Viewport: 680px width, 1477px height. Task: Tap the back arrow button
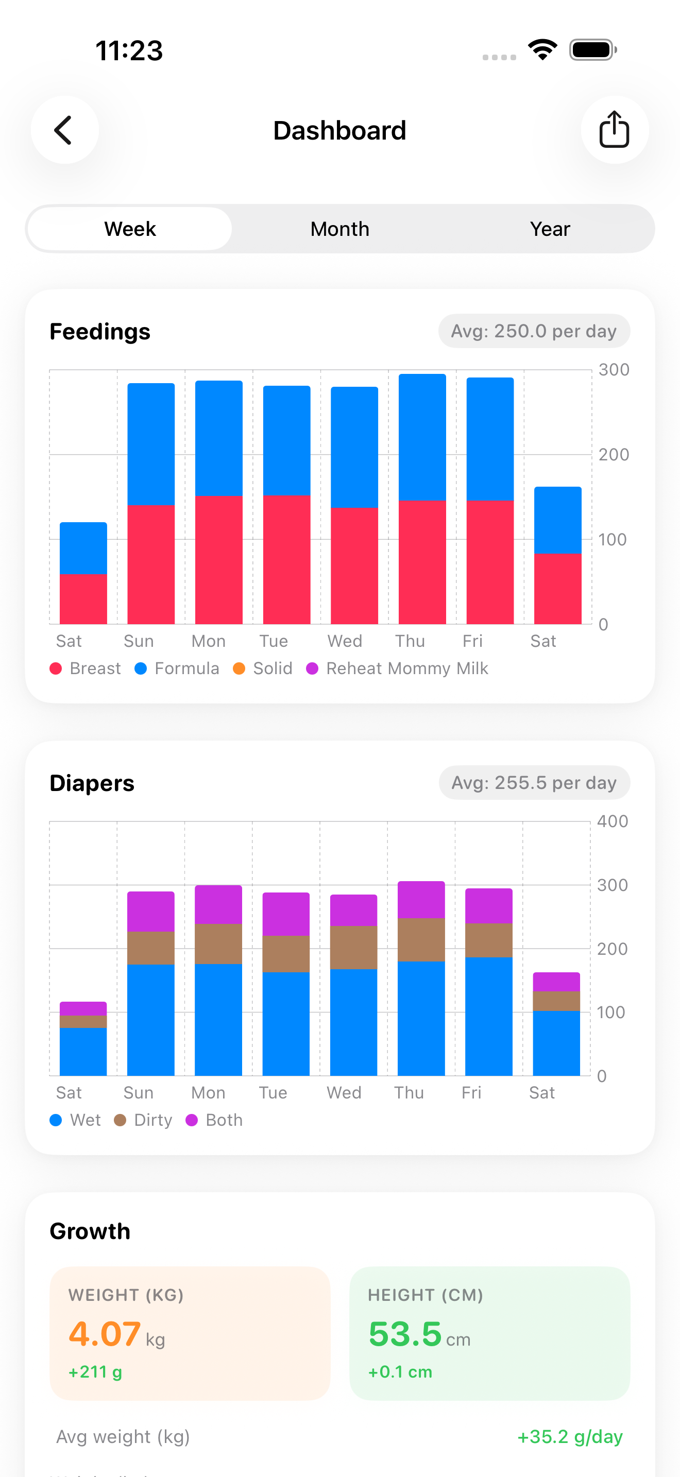64,130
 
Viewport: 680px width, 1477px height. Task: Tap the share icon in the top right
614,130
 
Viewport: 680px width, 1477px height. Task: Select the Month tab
339,229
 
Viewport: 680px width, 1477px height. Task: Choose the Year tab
549,229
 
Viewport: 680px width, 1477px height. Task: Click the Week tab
130,229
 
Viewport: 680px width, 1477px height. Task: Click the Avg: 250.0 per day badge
533,331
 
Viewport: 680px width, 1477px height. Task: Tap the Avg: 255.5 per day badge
534,783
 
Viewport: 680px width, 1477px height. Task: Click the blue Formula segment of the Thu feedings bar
422,437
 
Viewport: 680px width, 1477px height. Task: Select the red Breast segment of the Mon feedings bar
218,559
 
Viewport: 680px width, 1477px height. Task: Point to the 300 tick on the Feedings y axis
613,370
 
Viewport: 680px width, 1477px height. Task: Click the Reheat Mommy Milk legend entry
397,668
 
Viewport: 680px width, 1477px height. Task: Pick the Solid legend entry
263,668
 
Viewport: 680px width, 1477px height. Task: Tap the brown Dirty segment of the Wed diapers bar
354,947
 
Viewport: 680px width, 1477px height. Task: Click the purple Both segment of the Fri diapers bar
488,906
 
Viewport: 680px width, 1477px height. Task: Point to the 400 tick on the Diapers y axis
612,821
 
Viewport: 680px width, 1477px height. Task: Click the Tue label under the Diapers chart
273,1092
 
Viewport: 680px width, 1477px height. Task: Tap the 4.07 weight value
105,1334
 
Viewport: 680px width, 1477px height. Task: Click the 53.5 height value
405,1334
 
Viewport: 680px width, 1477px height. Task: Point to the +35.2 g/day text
569,1436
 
